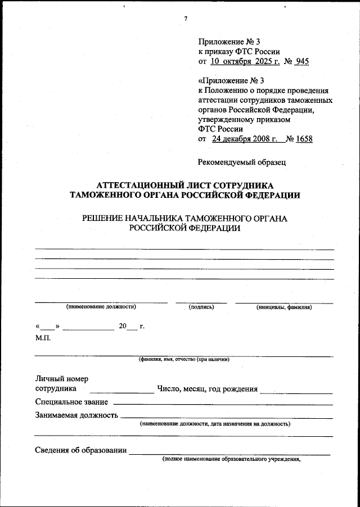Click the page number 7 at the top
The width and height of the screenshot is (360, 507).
186,19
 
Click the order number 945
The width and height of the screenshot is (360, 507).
301,62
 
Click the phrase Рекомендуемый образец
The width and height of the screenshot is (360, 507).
242,162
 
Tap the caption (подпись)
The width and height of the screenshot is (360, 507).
201,307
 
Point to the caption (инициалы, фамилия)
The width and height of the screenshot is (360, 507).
283,307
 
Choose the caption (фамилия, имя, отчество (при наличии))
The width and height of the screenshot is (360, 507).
184,359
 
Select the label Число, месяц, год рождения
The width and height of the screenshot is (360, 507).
208,388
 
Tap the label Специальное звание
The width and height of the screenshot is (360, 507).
73,402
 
